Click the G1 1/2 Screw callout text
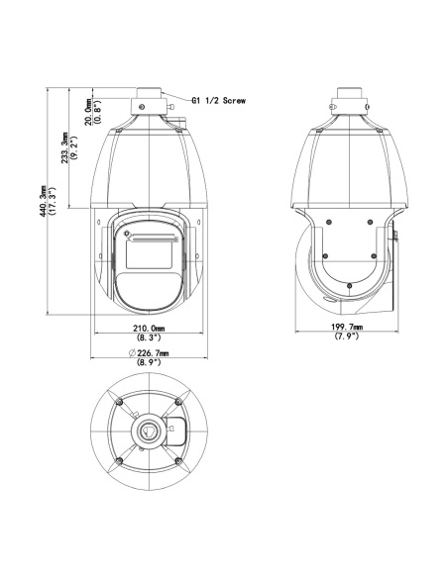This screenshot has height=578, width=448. pos(218,100)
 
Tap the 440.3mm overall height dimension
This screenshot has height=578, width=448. pos(43,201)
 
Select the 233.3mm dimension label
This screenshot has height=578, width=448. pos(64,147)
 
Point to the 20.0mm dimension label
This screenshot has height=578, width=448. pos(88,112)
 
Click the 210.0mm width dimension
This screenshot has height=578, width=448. pos(149,328)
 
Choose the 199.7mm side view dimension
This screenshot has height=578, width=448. pos(347,327)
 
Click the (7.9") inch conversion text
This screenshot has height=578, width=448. pos(347,336)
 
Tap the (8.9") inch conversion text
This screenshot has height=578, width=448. pos(149,362)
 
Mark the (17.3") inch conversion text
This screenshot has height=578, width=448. pos(52,201)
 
